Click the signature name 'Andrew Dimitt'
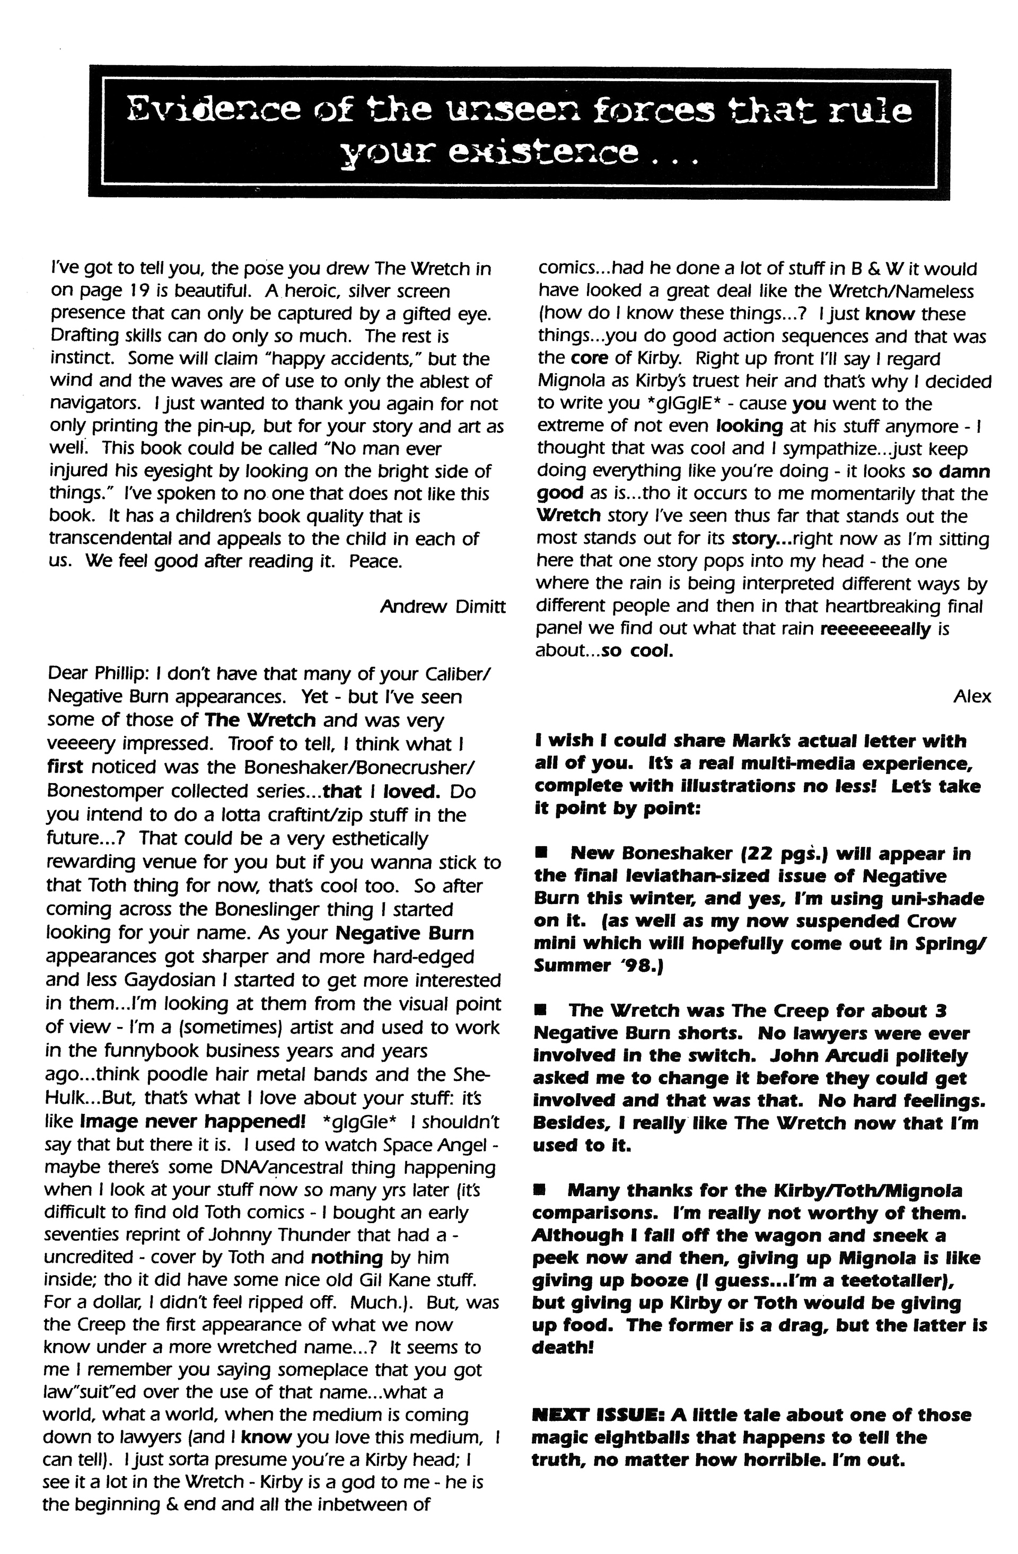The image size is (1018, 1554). point(442,607)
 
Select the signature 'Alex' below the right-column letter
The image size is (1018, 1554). point(972,697)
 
